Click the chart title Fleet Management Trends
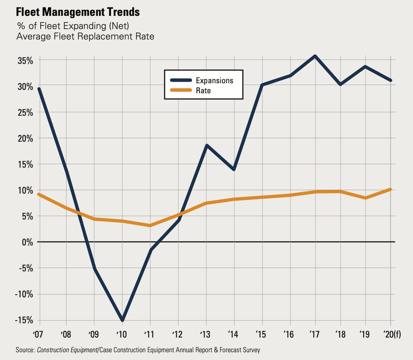click(78, 12)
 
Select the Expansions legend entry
click(214, 80)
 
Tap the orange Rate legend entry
click(203, 91)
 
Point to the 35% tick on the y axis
click(24, 61)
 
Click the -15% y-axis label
click(23, 321)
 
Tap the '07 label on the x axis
click(39, 334)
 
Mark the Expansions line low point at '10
click(122, 320)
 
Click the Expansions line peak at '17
click(316, 57)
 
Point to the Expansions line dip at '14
click(234, 170)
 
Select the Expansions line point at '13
click(206, 146)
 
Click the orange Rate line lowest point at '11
click(150, 225)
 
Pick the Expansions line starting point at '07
click(39, 89)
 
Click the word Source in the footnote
click(25, 350)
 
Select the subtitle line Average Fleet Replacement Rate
click(85, 37)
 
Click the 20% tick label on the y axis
click(24, 139)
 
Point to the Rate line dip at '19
click(365, 198)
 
